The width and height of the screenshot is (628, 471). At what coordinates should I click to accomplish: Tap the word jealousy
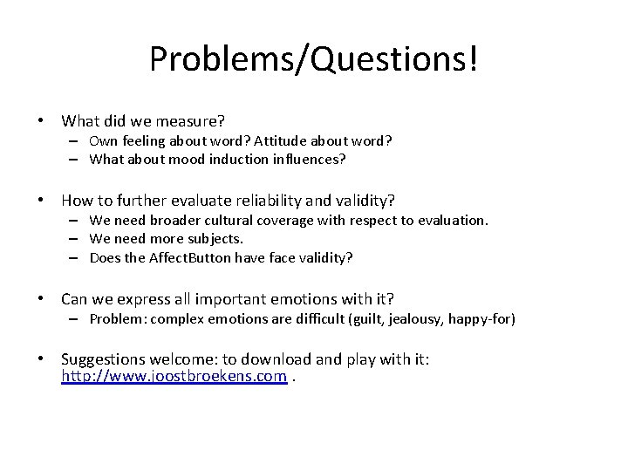pos(413,320)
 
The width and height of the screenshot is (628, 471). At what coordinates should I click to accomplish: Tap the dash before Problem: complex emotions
pos(77,320)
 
